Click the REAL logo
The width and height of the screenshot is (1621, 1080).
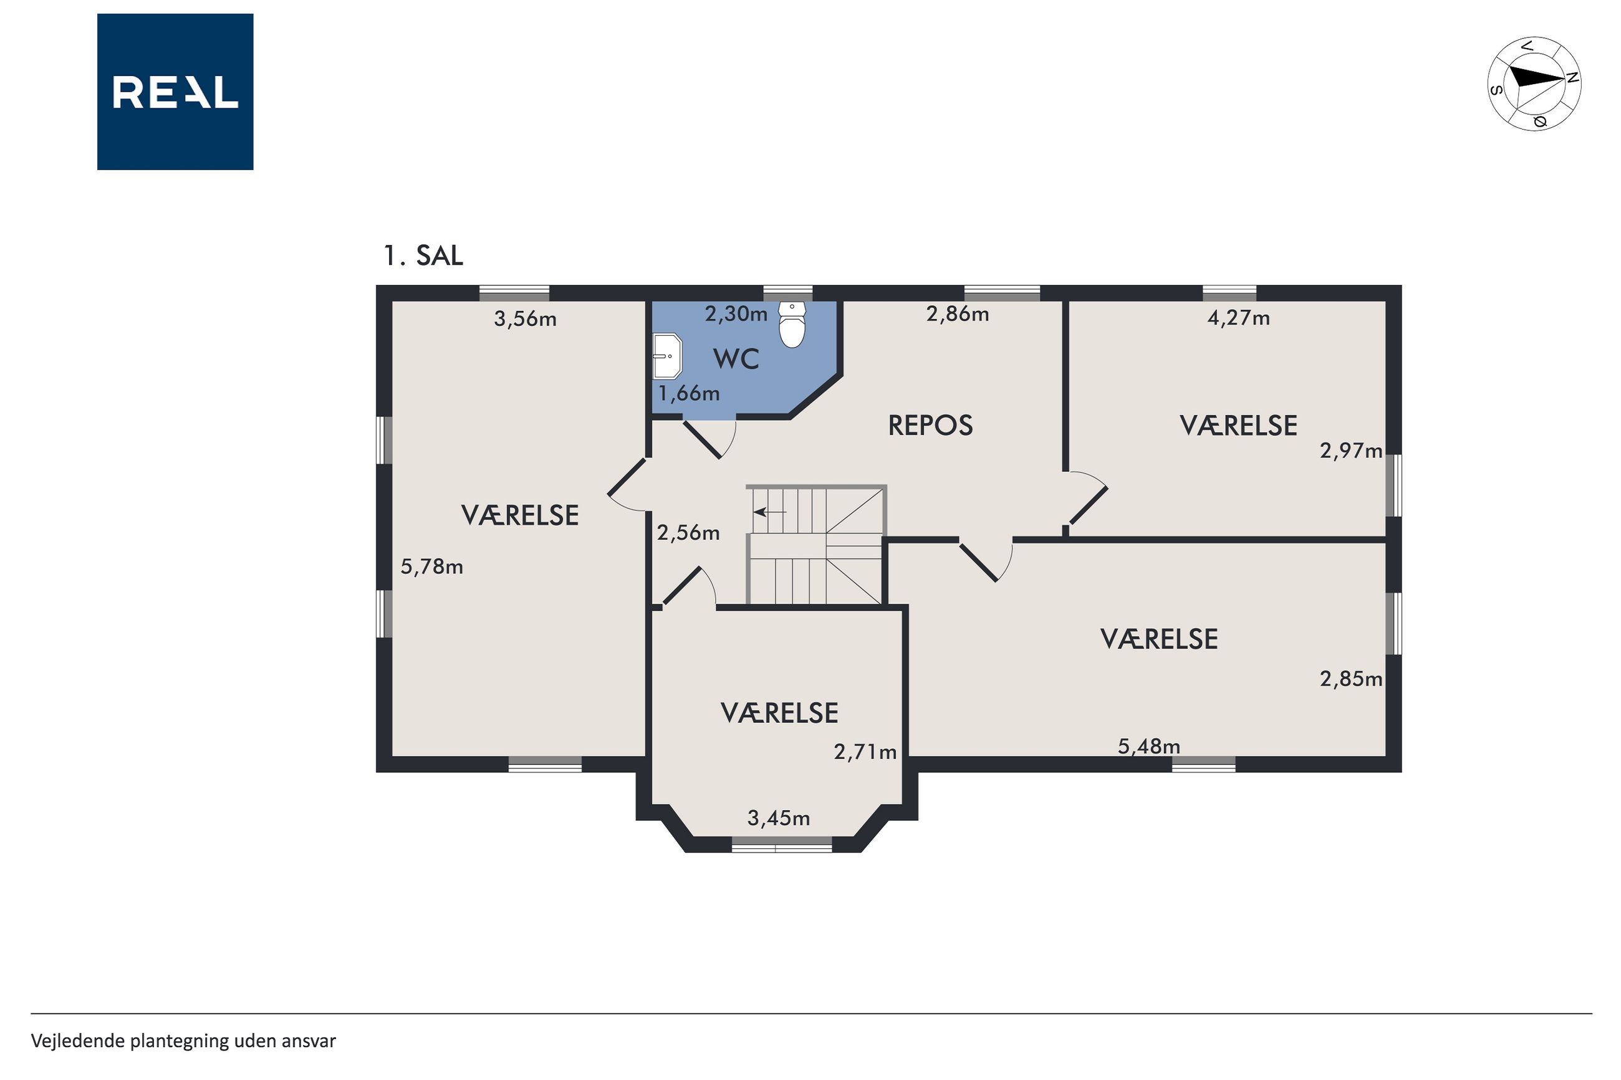coord(175,92)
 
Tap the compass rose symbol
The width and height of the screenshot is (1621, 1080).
coord(1534,84)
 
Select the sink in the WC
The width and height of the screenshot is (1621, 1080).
coord(667,356)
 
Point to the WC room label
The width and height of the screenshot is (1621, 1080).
coord(736,359)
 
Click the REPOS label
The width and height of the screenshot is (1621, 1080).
coord(930,426)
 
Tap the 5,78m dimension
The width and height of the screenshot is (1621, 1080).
coord(432,567)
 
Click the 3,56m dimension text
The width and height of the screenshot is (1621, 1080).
coord(525,319)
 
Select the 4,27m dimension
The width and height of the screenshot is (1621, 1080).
coord(1239,318)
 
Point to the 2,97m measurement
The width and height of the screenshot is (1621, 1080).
coord(1351,451)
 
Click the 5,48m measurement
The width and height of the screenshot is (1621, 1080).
coord(1149,746)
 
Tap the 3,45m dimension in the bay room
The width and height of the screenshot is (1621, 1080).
coord(779,818)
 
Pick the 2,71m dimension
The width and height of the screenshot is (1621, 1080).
coord(865,752)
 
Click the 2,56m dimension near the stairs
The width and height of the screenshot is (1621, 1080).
coord(688,532)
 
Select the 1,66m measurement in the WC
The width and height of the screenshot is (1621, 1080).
coord(689,393)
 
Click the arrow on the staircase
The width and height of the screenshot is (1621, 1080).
coord(770,512)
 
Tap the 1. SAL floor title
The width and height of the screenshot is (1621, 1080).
coord(423,256)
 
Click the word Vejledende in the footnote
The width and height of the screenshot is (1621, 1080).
coord(78,1040)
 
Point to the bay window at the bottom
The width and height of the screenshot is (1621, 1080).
coord(782,845)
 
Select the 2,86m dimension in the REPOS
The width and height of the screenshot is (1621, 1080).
coord(958,314)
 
